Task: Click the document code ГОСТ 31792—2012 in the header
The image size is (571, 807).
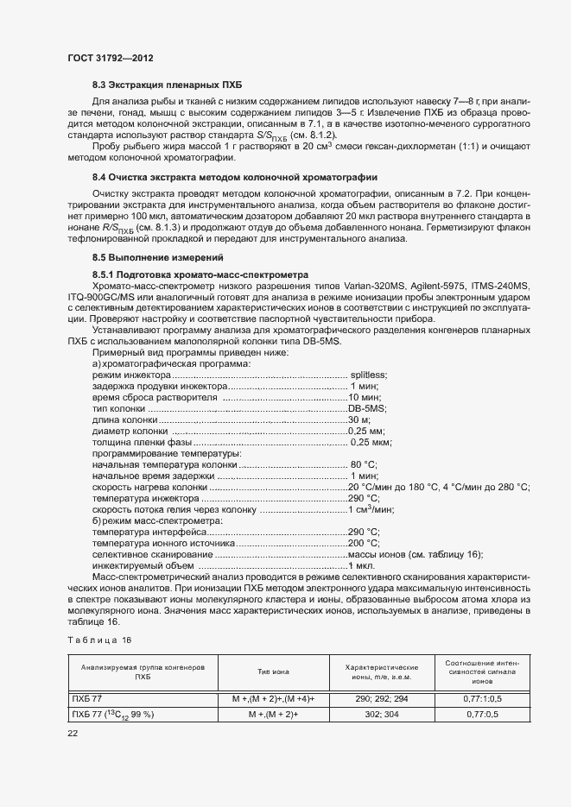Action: pyautogui.click(x=110, y=58)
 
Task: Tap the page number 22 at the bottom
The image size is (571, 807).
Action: pyautogui.click(x=73, y=733)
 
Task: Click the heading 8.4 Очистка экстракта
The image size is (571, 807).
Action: pyautogui.click(x=241, y=177)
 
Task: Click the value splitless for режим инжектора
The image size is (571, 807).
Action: pyautogui.click(x=369, y=375)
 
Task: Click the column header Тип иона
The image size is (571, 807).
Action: pyautogui.click(x=273, y=671)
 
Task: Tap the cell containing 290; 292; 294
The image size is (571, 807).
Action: pyautogui.click(x=381, y=697)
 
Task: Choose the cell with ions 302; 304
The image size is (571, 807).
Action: pyautogui.click(x=381, y=715)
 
